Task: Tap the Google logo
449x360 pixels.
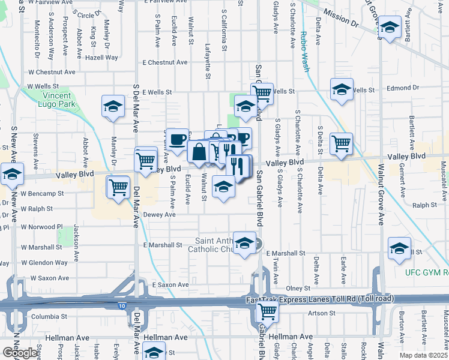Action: click(x=20, y=353)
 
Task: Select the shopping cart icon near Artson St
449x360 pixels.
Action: click(x=267, y=311)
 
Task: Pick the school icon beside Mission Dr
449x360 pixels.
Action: click(x=390, y=28)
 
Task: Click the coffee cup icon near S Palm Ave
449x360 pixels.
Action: click(x=177, y=140)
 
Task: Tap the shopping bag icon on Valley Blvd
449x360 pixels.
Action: click(x=198, y=152)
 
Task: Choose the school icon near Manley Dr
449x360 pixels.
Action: click(x=112, y=106)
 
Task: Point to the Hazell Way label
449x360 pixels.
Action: click(x=101, y=58)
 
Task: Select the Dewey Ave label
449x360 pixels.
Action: click(x=159, y=214)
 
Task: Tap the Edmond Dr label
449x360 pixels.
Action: click(x=402, y=88)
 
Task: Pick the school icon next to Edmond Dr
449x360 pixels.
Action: click(x=342, y=89)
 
